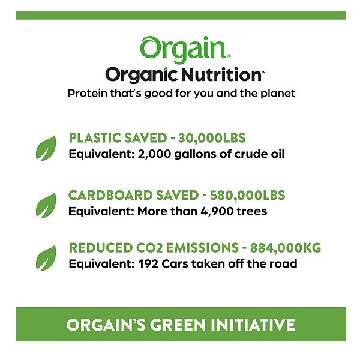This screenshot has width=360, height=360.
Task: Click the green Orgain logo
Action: coord(185,49)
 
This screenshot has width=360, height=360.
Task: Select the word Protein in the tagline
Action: coord(87,94)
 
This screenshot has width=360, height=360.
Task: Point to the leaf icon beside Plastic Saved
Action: coord(46,148)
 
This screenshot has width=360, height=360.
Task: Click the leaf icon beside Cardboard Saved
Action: coord(46,205)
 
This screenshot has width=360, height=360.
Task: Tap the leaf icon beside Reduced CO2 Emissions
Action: coord(46,257)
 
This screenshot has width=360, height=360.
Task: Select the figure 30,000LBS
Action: coord(212,138)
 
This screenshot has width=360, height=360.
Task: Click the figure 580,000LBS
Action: coord(247,196)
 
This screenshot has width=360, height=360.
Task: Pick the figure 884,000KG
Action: coord(286,248)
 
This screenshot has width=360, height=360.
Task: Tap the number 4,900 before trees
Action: coord(217,211)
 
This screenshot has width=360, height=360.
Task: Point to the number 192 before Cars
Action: coord(148,264)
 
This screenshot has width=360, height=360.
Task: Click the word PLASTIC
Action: coord(95,138)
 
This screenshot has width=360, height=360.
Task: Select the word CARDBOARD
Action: coord(110,196)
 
